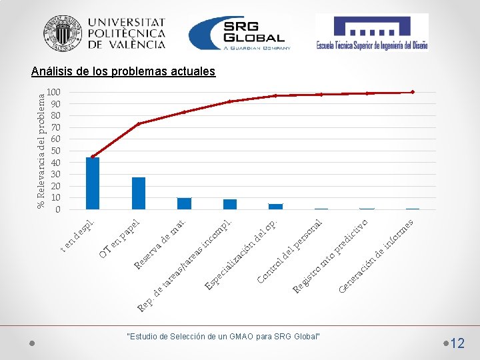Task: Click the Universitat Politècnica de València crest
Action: pyautogui.click(x=63, y=33)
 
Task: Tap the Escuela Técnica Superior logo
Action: pyautogui.click(x=371, y=33)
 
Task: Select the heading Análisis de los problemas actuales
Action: pyautogui.click(x=123, y=71)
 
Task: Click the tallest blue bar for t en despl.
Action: pyautogui.click(x=93, y=183)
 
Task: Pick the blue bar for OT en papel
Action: pyautogui.click(x=139, y=193)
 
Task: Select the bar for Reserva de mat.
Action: pyautogui.click(x=184, y=203)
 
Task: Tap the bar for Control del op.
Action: pyautogui.click(x=275, y=206)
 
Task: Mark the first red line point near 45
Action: pyautogui.click(x=93, y=157)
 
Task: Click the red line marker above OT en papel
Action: pyautogui.click(x=139, y=124)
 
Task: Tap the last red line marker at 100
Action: pyautogui.click(x=413, y=92)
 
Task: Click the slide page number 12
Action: pyautogui.click(x=457, y=343)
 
